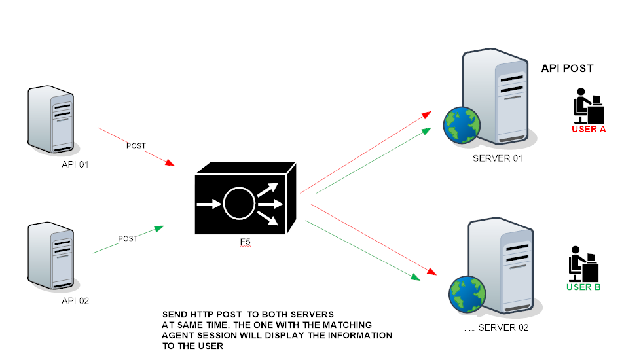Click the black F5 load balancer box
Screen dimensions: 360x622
246,203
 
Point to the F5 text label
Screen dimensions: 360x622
245,243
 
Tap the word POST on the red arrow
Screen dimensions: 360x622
136,145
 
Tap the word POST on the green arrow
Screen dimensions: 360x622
128,239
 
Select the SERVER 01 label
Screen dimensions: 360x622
498,158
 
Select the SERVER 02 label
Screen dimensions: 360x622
503,327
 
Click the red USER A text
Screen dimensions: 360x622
589,129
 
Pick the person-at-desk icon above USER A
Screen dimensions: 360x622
587,105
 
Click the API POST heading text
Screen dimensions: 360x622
567,68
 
